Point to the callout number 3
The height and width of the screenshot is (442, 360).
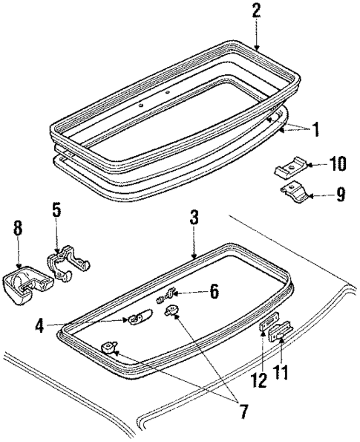(x=194, y=219)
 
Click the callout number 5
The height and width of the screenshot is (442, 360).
(x=57, y=211)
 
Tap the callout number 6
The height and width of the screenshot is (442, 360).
(x=214, y=292)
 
